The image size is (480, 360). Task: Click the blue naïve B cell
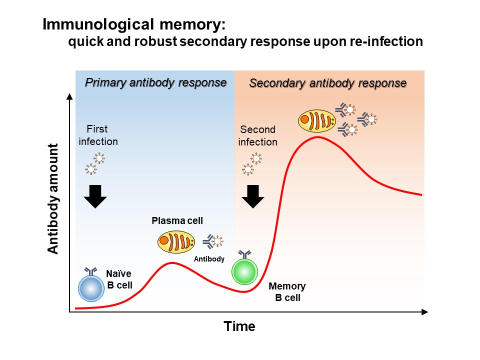pos(91,288)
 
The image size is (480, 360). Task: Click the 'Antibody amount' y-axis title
pos(53,198)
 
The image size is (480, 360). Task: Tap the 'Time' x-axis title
pos(239,326)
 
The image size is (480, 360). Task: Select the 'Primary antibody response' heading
pos(155,82)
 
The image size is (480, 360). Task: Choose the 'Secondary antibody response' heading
pos(327,83)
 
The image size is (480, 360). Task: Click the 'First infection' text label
pos(98,135)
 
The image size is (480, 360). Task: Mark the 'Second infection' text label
pos(257,135)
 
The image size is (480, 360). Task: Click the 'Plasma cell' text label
pos(177,220)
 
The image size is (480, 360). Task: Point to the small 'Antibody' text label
pos(209,259)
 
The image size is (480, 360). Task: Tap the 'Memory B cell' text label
pos(287,292)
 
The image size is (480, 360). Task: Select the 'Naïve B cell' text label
pos(119,279)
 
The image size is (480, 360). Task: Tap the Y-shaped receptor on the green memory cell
pos(245,255)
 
